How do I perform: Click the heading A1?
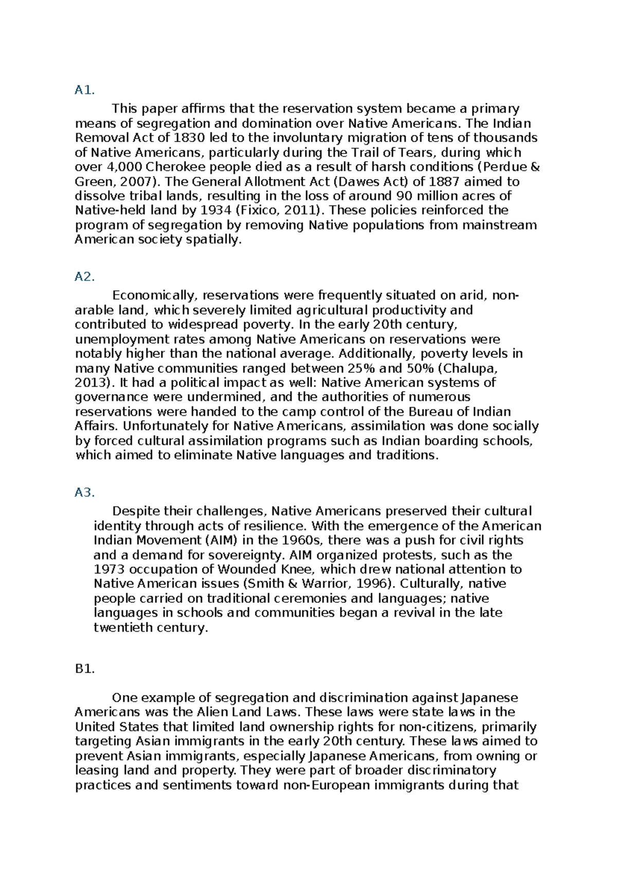click(84, 91)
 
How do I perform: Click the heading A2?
click(84, 277)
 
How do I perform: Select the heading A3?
click(84, 493)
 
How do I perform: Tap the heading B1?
click(84, 669)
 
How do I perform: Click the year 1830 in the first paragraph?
click(189, 138)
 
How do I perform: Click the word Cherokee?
click(174, 167)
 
